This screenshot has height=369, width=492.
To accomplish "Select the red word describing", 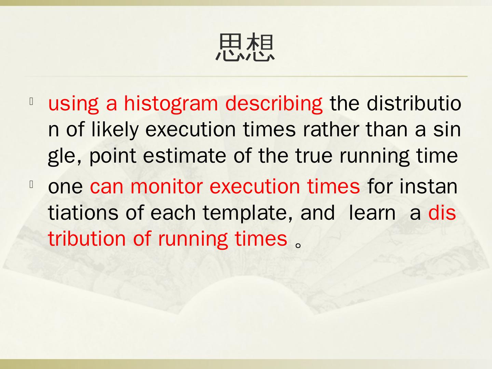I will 273,103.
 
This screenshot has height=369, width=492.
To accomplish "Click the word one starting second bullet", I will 65,187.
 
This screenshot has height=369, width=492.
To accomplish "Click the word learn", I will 372,213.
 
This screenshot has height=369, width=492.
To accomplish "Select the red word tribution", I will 86,238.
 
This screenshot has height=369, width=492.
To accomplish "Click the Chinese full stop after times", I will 298,245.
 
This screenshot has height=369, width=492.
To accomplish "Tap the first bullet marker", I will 31,101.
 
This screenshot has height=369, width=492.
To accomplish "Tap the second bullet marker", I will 31,185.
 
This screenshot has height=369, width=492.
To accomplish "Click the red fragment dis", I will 442,213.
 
